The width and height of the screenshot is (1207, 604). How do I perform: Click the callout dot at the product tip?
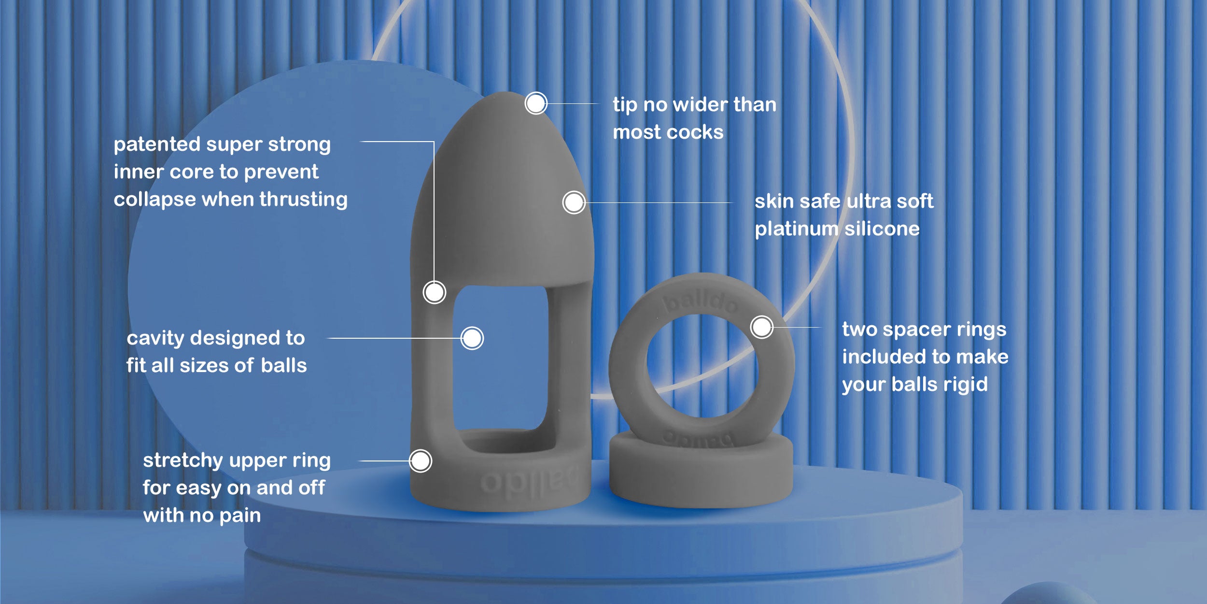tap(535, 103)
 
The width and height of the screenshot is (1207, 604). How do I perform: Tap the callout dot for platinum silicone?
tap(574, 202)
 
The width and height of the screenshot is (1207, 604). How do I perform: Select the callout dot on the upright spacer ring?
tap(761, 327)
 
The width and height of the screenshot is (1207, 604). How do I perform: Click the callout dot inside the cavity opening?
tap(472, 338)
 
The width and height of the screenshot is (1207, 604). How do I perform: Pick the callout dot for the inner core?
tap(434, 292)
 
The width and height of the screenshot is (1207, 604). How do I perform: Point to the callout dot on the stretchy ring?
tap(420, 460)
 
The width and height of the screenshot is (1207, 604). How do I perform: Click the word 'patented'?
tap(157, 144)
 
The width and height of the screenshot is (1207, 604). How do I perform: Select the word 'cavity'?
tap(155, 338)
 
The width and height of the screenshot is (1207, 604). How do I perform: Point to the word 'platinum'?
tap(796, 229)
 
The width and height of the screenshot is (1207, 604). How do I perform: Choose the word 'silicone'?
tap(882, 229)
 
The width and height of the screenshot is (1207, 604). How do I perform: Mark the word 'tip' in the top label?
tap(625, 105)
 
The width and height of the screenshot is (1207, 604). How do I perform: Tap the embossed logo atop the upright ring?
tap(701, 302)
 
